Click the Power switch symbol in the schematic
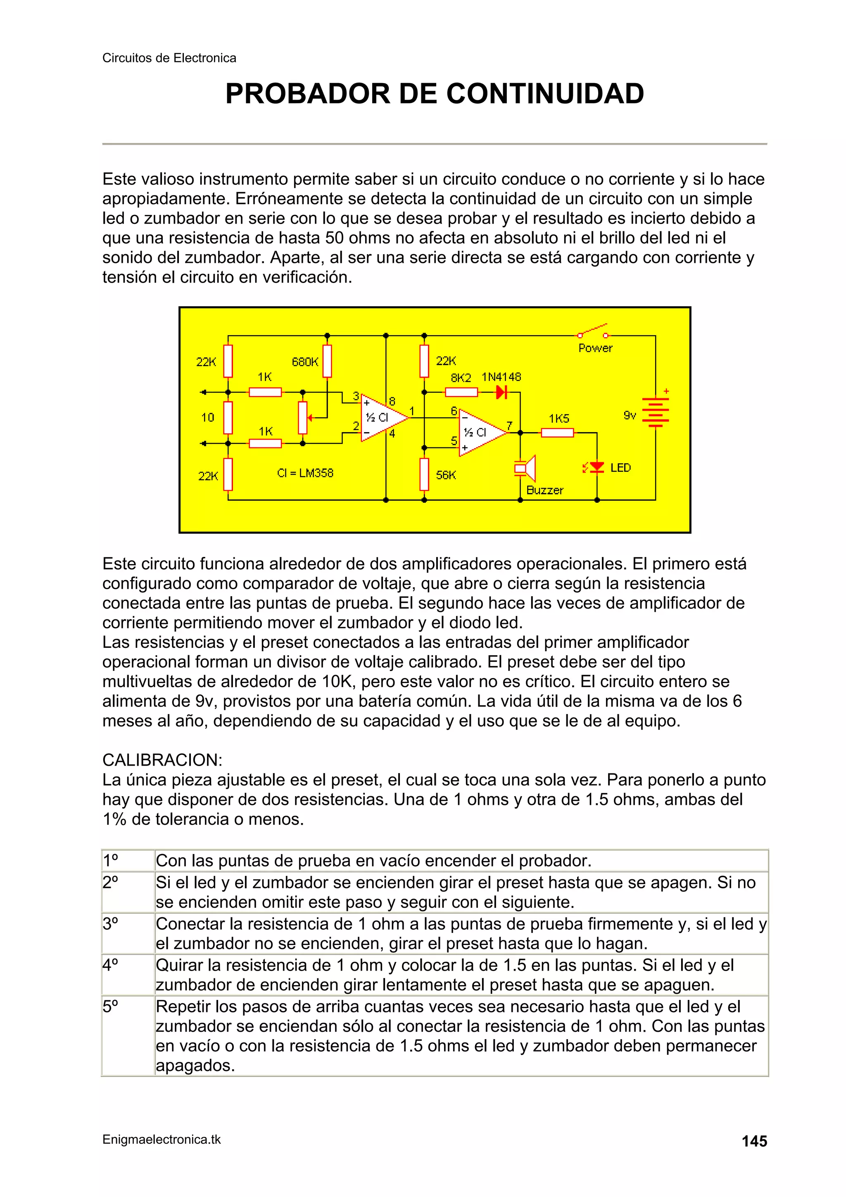593,331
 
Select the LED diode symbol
596,468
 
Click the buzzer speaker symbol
525,468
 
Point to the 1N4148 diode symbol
501,392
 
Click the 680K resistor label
305,362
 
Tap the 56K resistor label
446,475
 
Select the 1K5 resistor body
557,433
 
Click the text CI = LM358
305,473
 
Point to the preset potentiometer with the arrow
303,418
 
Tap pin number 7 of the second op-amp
509,426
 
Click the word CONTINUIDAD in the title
545,94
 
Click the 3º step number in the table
111,924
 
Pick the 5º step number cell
111,1007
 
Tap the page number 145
754,1142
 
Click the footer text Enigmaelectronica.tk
162,1140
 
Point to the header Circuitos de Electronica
169,58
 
